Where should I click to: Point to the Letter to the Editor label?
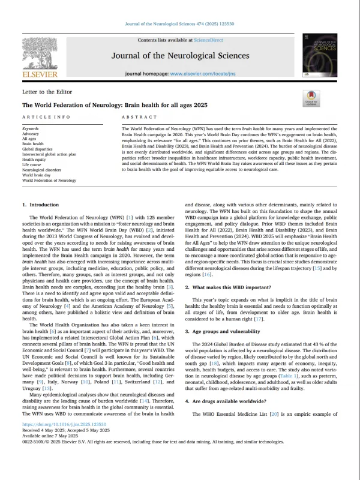click(47, 92)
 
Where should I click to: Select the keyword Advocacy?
click(32, 134)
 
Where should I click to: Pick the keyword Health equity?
click(35, 159)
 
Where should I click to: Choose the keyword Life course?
click(32, 164)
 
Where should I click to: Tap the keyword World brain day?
click(37, 175)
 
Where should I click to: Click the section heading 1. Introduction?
click(41, 205)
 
